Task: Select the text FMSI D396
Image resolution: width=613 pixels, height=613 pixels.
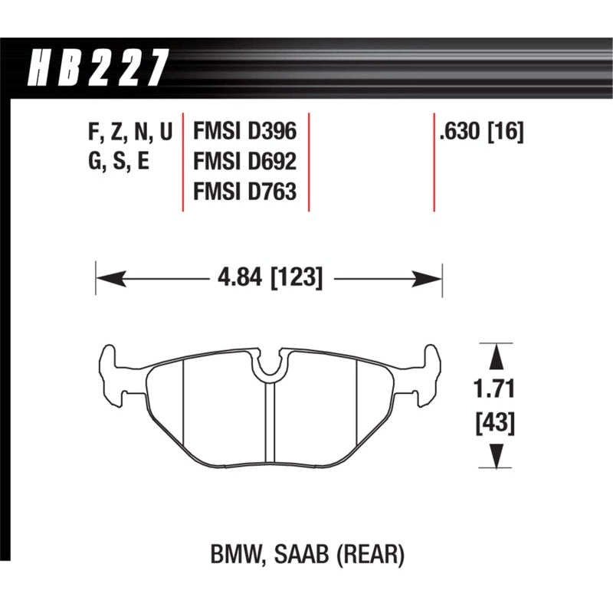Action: pos(244,133)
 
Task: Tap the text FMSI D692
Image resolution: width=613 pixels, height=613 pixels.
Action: pos(244,163)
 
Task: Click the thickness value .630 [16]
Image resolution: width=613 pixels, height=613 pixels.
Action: pos(480,133)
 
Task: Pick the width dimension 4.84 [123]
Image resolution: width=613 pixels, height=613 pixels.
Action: pos(269,276)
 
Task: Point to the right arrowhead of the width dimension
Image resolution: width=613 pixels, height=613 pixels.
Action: pos(432,276)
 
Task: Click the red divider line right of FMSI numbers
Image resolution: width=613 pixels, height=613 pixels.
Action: pos(309,163)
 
